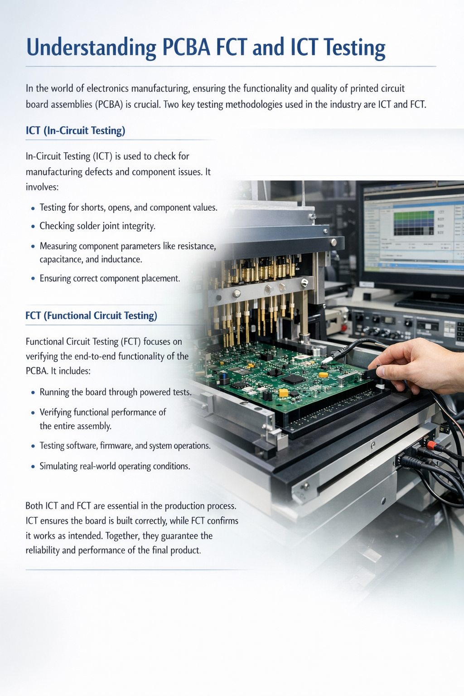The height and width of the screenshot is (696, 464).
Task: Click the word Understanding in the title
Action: pos(91,48)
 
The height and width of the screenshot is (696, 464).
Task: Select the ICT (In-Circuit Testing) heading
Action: pos(76,130)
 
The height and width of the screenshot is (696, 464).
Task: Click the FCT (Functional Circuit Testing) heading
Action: pos(92,316)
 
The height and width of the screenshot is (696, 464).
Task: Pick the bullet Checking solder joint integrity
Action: pos(97,226)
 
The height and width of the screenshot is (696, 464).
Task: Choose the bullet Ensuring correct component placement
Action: pos(110,278)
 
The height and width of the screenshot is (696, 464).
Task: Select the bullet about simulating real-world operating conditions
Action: pos(115,466)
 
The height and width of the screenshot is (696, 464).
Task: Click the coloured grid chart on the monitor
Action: pos(414,223)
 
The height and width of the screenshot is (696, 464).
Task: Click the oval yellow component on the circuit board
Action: pos(324,375)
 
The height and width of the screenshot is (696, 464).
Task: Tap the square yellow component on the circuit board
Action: pos(284,392)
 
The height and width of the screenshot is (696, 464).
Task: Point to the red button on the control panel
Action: pos(344,328)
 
